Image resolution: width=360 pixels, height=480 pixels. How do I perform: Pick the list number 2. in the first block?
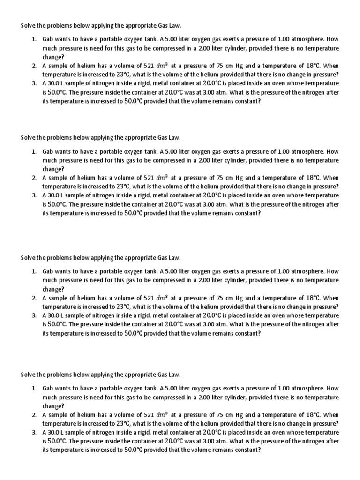[x=35, y=66]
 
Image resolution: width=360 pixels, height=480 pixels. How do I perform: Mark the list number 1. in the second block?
[x=35, y=152]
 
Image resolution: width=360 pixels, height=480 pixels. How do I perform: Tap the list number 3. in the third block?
[x=35, y=315]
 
